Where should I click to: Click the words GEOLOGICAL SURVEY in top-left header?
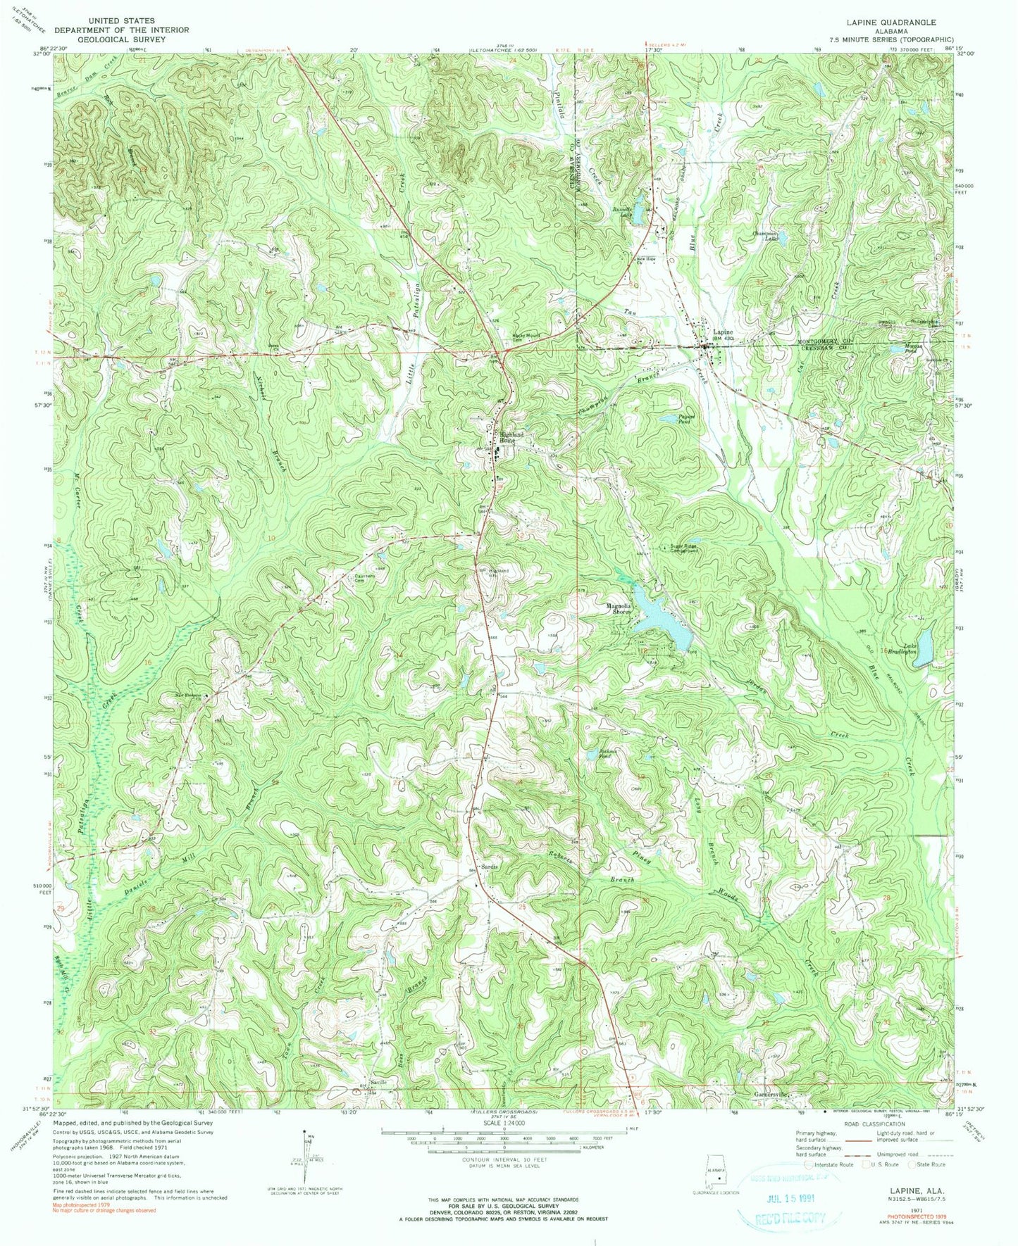click(x=121, y=39)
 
